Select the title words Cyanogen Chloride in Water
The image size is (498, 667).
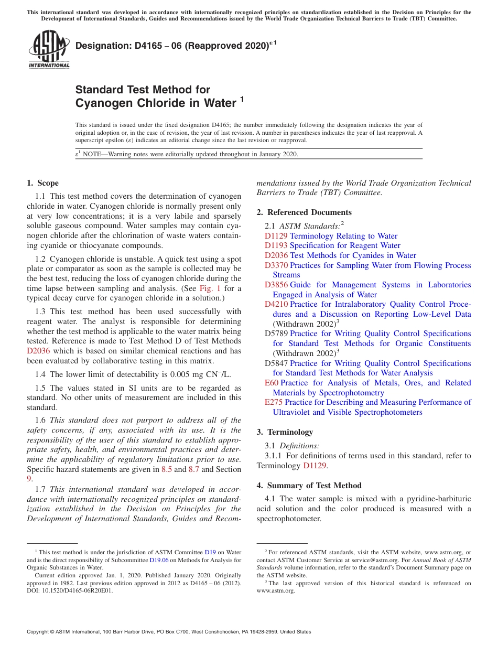click(156, 103)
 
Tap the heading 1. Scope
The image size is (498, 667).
click(42, 183)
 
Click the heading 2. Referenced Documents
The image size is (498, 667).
click(304, 212)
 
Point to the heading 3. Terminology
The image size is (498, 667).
click(285, 432)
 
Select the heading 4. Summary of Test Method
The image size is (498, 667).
click(309, 486)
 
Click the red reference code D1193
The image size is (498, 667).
click(276, 245)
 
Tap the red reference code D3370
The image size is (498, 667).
click(276, 265)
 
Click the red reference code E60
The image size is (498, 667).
click(271, 383)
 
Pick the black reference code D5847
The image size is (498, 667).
click(276, 363)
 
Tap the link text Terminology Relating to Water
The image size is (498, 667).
click(343, 236)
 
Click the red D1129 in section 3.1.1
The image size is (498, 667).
click(315, 466)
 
